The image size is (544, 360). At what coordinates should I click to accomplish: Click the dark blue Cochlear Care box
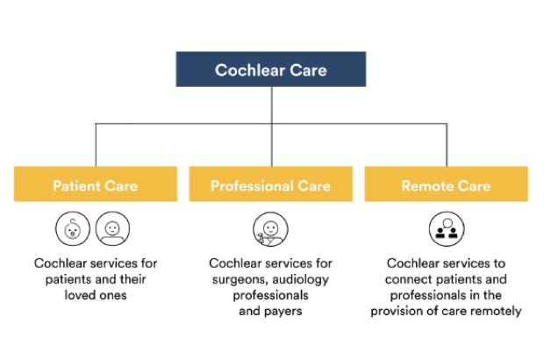point(270,69)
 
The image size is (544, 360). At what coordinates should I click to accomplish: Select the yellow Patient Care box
point(96,184)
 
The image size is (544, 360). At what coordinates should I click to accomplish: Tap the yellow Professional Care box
point(270,184)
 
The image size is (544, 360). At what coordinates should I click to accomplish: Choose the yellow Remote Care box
point(446,184)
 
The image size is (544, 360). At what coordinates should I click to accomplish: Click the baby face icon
point(73,229)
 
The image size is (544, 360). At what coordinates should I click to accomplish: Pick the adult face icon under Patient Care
point(113,229)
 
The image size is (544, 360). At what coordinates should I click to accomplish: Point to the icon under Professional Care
point(270,229)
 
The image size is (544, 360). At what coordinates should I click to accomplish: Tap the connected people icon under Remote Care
point(447,229)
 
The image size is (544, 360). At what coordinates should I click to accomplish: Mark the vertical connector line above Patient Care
point(96,145)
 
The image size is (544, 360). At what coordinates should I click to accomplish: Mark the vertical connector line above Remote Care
point(447,145)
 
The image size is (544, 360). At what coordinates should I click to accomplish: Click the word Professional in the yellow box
point(252,186)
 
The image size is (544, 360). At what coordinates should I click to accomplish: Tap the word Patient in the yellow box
point(76,186)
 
